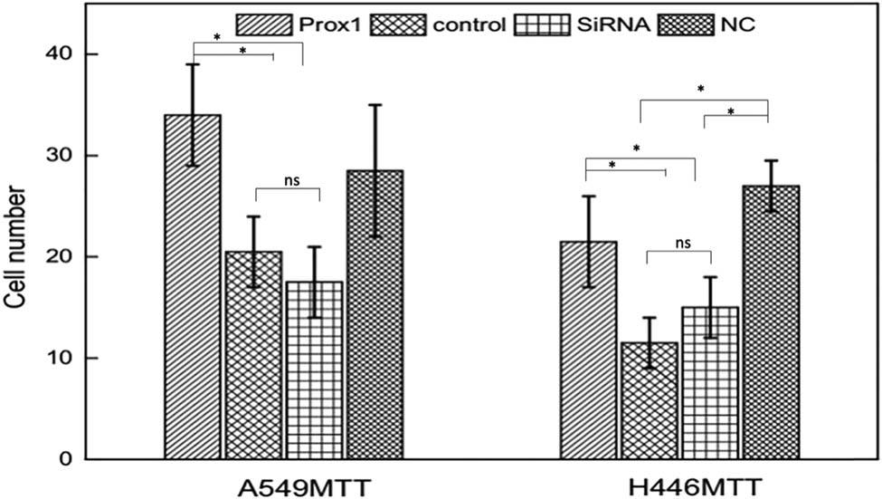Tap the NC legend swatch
688,24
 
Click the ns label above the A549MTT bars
289,180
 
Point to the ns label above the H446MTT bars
679,243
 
